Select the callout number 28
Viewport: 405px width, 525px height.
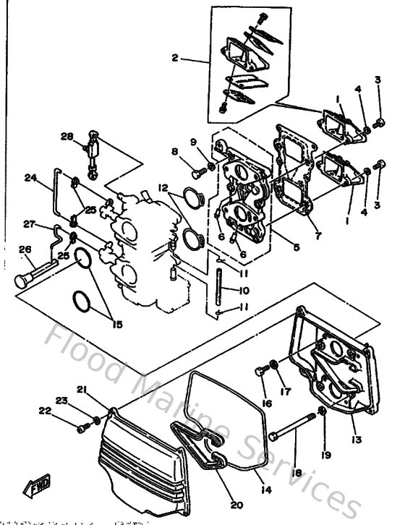67,136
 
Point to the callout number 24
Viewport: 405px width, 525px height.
30,177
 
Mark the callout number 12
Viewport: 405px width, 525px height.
164,187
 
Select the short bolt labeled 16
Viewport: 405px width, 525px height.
261,373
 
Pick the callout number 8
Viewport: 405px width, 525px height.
174,151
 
